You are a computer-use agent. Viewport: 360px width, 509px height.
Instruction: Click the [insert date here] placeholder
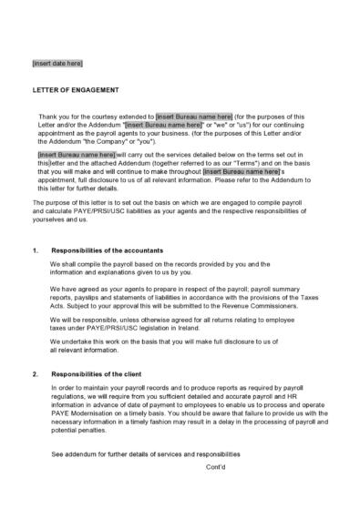tap(57, 63)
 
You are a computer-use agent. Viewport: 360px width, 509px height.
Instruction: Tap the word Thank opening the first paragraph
tap(48, 117)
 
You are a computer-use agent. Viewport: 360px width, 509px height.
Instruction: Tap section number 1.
tap(35, 249)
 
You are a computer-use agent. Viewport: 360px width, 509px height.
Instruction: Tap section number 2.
tap(35, 374)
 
